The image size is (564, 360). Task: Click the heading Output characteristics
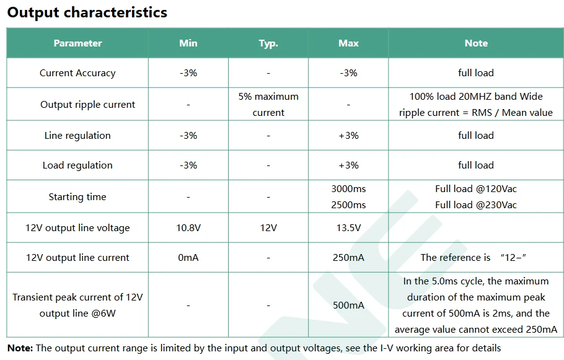87,12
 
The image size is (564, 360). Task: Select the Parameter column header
77,43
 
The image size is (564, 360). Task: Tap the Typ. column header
268,43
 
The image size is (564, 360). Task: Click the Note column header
476,43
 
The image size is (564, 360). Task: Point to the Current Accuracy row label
77,73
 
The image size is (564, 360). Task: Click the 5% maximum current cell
268,105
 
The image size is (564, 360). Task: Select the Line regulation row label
77,136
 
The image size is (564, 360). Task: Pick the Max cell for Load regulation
348,165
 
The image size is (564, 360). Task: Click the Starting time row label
77,197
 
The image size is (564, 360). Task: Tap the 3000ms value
348,189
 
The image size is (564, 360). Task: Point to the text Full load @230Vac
476,205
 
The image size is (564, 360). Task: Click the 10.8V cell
188,228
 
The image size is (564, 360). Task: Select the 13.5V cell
348,228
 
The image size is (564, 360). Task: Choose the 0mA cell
188,258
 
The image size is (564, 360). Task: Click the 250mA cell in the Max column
348,258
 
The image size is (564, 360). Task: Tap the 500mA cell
348,305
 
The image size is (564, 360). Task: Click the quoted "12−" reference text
513,258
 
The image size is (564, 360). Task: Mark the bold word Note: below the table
20,348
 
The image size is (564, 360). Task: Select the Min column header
188,43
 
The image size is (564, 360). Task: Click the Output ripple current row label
88,105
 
